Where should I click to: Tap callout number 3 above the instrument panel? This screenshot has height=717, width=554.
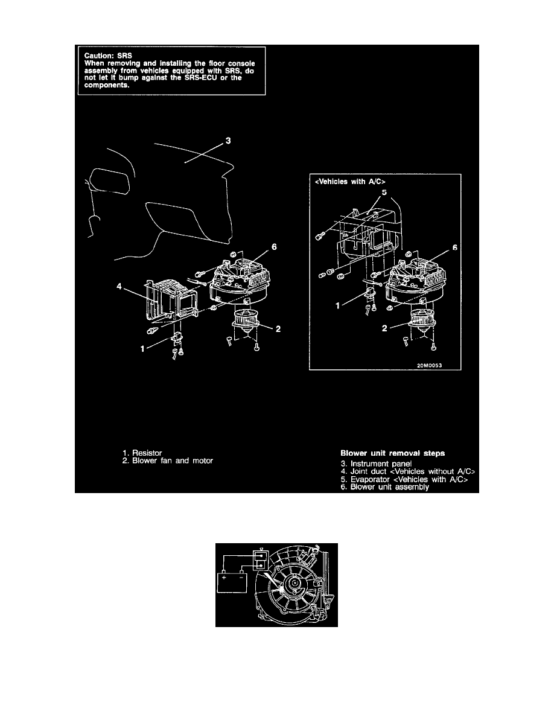pos(228,141)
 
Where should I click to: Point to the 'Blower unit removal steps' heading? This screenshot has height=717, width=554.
pos(391,451)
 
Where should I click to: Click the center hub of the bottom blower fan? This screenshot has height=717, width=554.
pos(294,584)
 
